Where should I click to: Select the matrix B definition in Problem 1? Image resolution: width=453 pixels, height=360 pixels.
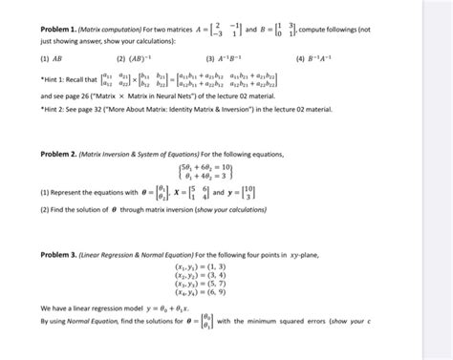[x=282, y=31]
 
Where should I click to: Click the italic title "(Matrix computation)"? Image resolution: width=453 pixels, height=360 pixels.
[x=111, y=31]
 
